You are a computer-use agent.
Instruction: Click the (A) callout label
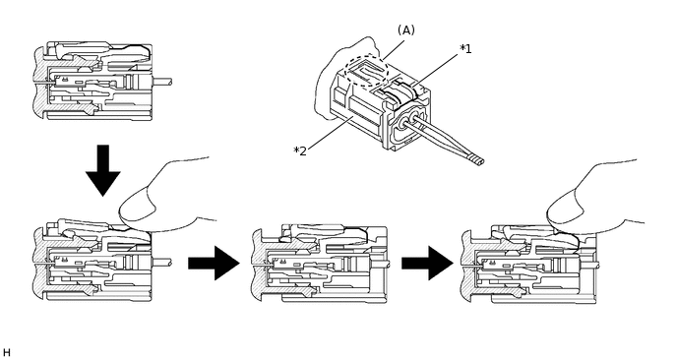(405, 30)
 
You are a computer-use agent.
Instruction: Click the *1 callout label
(465, 49)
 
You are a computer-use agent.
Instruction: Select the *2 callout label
(300, 151)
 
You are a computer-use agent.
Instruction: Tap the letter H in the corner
(6, 353)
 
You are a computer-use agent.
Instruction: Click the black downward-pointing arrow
(102, 170)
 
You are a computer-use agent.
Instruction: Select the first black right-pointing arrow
(214, 263)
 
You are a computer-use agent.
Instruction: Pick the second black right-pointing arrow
(427, 263)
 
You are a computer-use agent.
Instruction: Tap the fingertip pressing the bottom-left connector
(138, 210)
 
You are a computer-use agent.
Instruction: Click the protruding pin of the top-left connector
(162, 82)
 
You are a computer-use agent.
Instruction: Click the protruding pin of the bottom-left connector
(162, 262)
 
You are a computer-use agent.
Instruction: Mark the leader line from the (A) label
(393, 50)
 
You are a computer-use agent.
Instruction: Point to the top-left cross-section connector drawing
(102, 82)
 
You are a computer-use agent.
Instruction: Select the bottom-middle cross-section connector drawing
(320, 264)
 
